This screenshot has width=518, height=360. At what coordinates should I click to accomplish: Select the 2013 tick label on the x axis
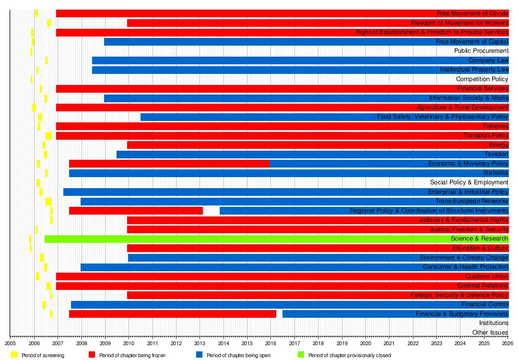pos(200,343)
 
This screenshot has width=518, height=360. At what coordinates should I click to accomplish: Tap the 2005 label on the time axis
pos(11,343)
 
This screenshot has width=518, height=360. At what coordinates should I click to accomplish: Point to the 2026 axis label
pos(508,343)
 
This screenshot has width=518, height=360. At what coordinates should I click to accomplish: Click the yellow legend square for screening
pos(14,355)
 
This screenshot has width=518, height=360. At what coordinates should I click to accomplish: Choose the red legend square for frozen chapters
pos(92,355)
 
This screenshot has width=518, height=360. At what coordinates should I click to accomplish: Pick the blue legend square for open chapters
pos(200,355)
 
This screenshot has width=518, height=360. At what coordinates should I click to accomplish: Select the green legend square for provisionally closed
pos(301,355)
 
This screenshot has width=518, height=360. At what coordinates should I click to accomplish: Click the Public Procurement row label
pos(481,51)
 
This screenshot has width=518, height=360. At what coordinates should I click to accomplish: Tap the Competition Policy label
pos(482,79)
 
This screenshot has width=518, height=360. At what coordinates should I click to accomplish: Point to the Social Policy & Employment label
pos(469,182)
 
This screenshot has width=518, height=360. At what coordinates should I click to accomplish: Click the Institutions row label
pos(494,323)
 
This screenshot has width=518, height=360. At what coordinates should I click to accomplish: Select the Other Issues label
pos(490,333)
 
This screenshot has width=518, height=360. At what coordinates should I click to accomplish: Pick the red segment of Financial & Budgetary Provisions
pos(173,314)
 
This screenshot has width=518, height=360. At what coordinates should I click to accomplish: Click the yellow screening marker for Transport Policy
pos(49,136)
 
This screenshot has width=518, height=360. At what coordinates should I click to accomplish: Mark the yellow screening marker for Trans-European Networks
pos(48,202)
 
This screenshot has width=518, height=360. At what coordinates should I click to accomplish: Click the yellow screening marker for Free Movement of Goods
pos(36,13)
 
